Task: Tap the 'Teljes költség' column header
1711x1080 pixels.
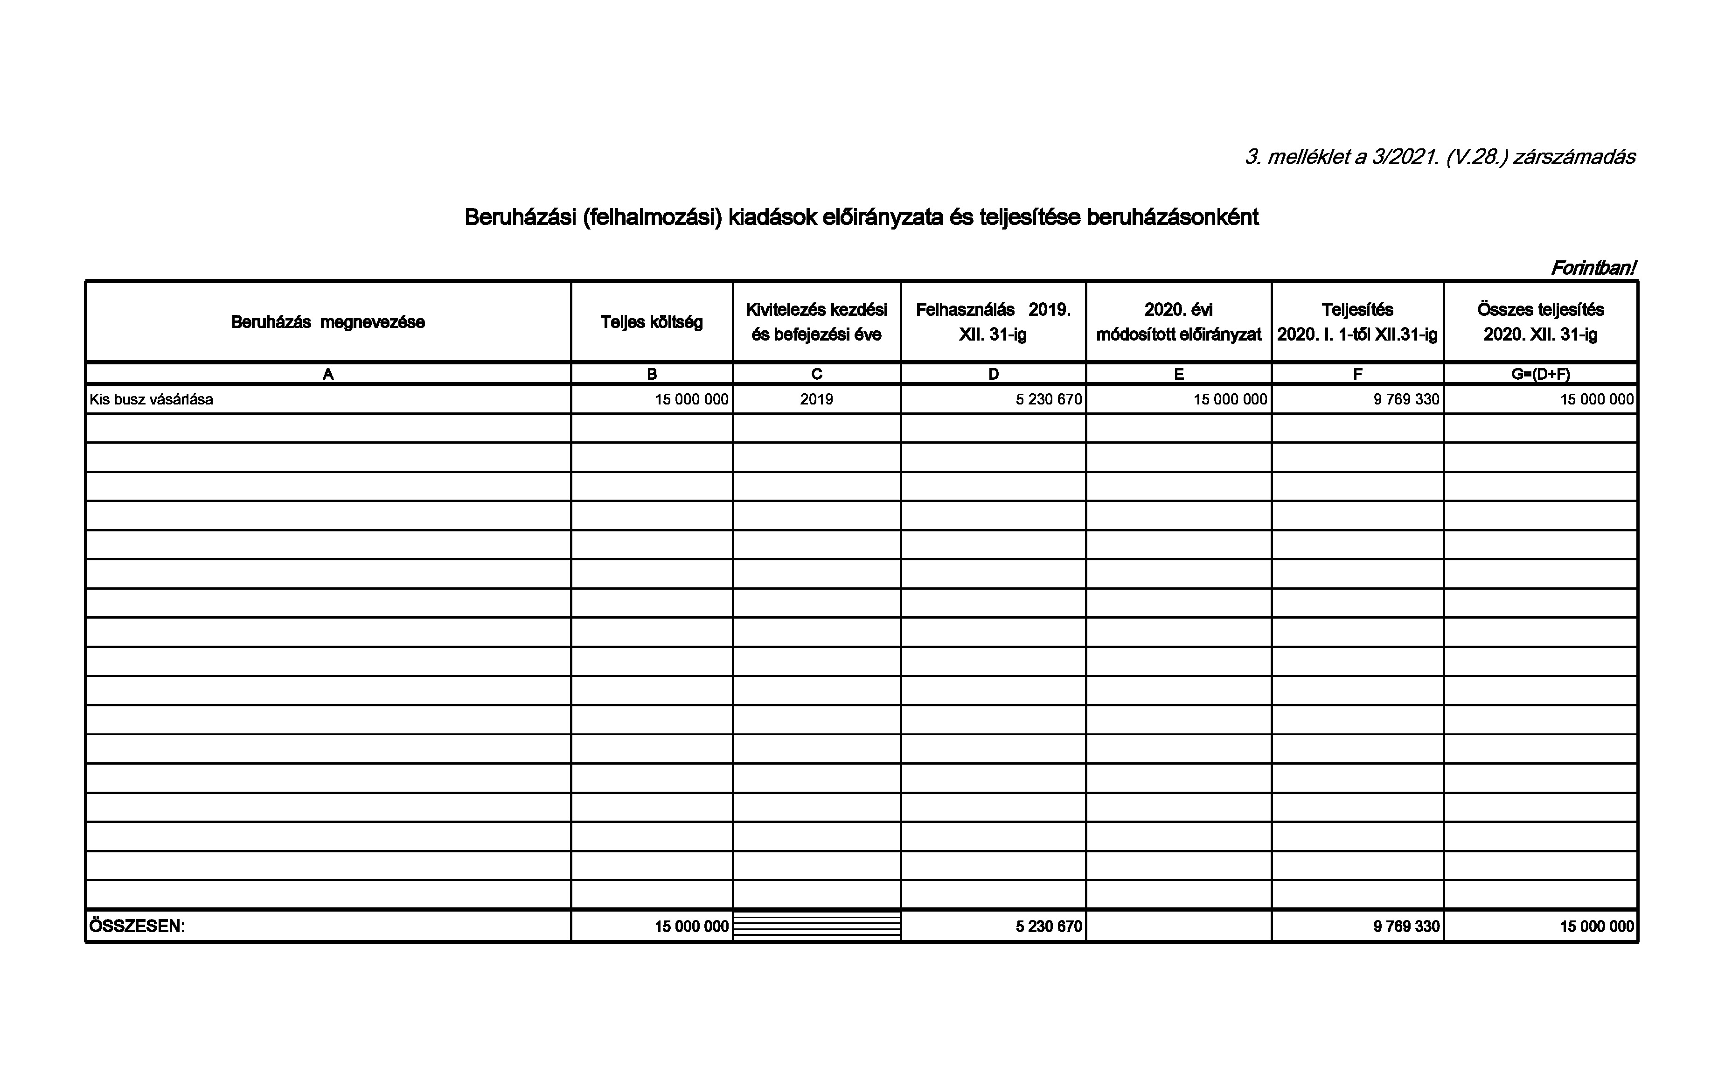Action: pos(652,322)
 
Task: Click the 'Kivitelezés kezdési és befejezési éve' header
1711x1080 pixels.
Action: pos(816,322)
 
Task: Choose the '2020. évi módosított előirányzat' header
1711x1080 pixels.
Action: pos(1178,322)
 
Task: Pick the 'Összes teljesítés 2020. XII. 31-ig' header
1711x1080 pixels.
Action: pos(1540,322)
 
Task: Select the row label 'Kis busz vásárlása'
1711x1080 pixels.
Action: pos(151,399)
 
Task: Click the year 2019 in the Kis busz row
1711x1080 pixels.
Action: pos(816,399)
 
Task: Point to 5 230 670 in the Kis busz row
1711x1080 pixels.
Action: pos(1048,399)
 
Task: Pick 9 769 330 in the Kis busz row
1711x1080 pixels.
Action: pos(1406,399)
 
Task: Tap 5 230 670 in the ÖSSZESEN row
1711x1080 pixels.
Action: pos(1048,927)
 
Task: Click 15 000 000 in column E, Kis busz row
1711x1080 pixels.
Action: pos(1230,399)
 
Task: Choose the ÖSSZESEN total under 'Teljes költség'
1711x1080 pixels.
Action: pos(691,927)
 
